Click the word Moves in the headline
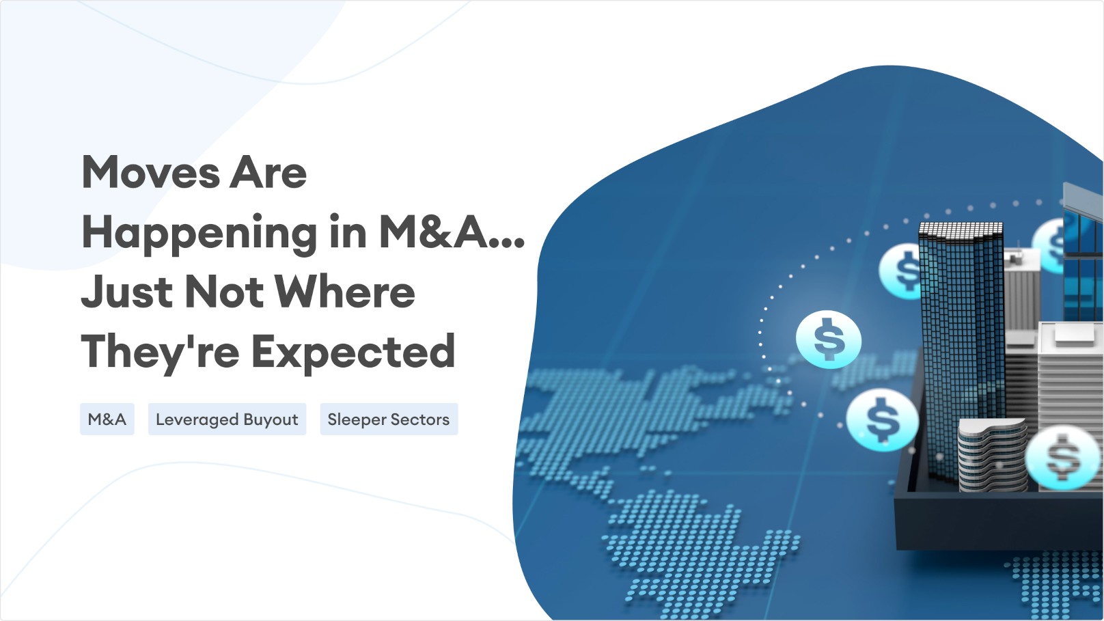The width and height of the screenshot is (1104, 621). pyautogui.click(x=150, y=172)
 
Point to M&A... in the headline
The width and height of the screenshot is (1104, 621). pyautogui.click(x=452, y=232)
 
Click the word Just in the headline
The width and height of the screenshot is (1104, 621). pyautogui.click(x=127, y=292)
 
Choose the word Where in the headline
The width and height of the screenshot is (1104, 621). pyautogui.click(x=344, y=292)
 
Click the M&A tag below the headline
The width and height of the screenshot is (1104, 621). pyautogui.click(x=107, y=419)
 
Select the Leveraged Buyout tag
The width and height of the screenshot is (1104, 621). pyautogui.click(x=227, y=419)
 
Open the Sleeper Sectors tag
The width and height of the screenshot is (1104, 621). pyautogui.click(x=389, y=419)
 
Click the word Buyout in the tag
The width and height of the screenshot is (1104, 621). pyautogui.click(x=271, y=420)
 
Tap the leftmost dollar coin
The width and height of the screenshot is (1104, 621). pyautogui.click(x=829, y=340)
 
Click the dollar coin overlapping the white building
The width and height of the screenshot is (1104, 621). pyautogui.click(x=1062, y=458)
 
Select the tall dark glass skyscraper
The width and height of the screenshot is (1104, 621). pyautogui.click(x=961, y=350)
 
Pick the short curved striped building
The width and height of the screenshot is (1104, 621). pyautogui.click(x=993, y=454)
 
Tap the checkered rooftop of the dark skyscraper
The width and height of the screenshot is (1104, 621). pyautogui.click(x=961, y=230)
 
